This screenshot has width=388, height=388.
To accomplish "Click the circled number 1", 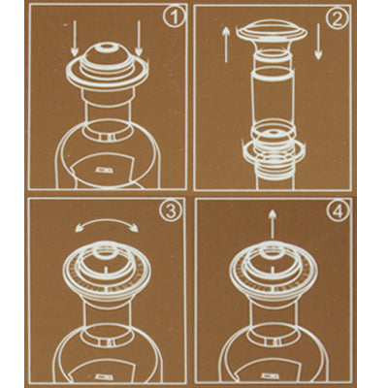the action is pyautogui.click(x=175, y=17).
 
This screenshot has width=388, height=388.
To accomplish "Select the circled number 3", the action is pyautogui.click(x=170, y=211).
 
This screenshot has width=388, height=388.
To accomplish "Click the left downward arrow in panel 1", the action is pyautogui.click(x=75, y=38).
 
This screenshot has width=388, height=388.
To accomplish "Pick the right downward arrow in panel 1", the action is pyautogui.click(x=139, y=38).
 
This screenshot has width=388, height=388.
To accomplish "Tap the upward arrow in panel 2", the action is pyautogui.click(x=226, y=45).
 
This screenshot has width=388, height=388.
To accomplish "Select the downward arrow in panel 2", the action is pyautogui.click(x=318, y=42).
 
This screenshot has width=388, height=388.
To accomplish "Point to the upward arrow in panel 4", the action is pyautogui.click(x=273, y=224).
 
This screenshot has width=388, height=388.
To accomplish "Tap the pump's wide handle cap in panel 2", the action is pyautogui.click(x=271, y=30).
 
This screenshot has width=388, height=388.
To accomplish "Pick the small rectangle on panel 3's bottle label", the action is pyautogui.click(x=105, y=376).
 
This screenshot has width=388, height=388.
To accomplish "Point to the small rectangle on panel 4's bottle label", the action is pyautogui.click(x=270, y=376).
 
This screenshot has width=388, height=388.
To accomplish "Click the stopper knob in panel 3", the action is pyautogui.click(x=106, y=250).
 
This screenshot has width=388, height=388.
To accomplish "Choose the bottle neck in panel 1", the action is pyautogui.click(x=107, y=113).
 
